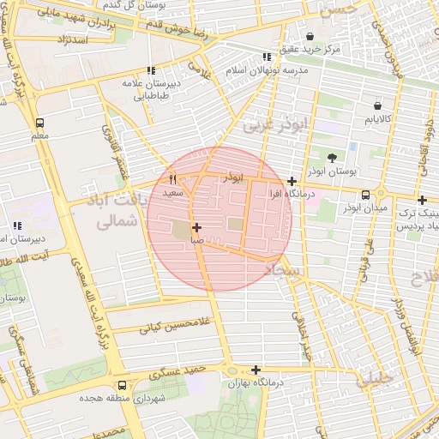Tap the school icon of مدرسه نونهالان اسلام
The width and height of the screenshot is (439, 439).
pos(266,57)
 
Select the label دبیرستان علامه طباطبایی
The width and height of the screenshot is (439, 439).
pos(151,90)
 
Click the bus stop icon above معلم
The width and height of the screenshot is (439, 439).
pos(40,123)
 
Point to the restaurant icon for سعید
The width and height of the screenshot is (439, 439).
pos(173,180)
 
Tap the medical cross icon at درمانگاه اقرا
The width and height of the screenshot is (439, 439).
pos(292,181)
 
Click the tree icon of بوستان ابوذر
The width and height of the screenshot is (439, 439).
pos(331,157)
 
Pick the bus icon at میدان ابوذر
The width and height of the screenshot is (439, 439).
pos(366,195)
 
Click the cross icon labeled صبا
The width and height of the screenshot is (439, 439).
pos(197,227)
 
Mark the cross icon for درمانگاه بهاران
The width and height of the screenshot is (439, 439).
pos(256,369)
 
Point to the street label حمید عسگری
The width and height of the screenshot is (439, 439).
pos(177,371)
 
